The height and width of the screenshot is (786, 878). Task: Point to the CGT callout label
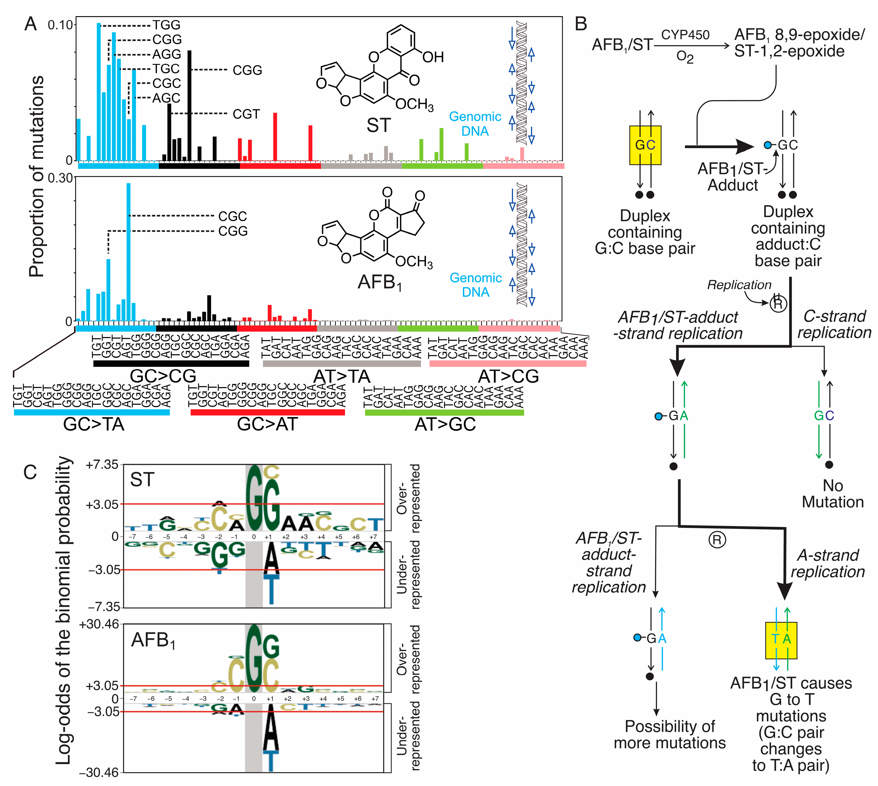(x=246, y=114)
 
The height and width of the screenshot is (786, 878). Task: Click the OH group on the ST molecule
(x=433, y=57)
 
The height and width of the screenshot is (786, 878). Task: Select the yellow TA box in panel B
(x=781, y=640)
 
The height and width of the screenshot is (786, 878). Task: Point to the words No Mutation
(x=832, y=494)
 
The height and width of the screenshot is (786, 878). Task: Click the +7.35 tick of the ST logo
(x=102, y=465)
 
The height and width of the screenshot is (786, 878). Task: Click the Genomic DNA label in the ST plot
(x=475, y=124)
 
